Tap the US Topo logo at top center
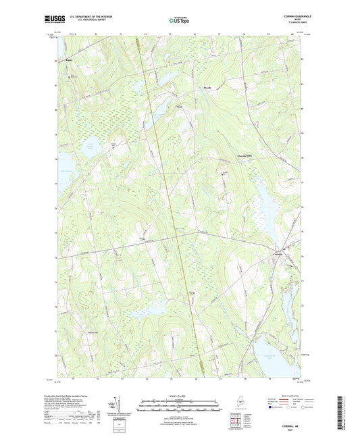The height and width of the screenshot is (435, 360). pos(179,21)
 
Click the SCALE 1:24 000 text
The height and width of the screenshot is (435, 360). pos(179,396)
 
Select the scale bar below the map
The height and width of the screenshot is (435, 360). pos(179,406)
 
